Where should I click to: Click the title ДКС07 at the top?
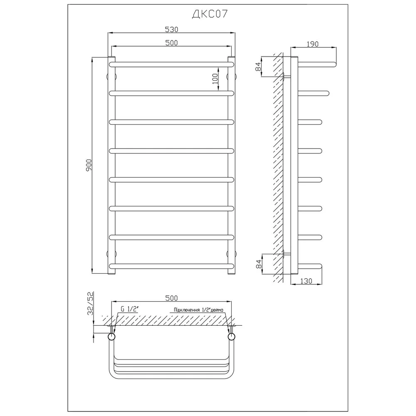tap(210, 14)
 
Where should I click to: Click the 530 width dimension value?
tap(171, 30)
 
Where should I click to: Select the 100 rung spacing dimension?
tap(215, 79)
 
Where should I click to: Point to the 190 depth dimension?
tap(312, 44)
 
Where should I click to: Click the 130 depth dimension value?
tap(306, 281)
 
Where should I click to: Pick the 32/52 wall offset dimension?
tap(90, 303)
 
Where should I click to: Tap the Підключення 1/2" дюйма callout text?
tap(198, 310)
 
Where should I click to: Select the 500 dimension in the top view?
tap(171, 298)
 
